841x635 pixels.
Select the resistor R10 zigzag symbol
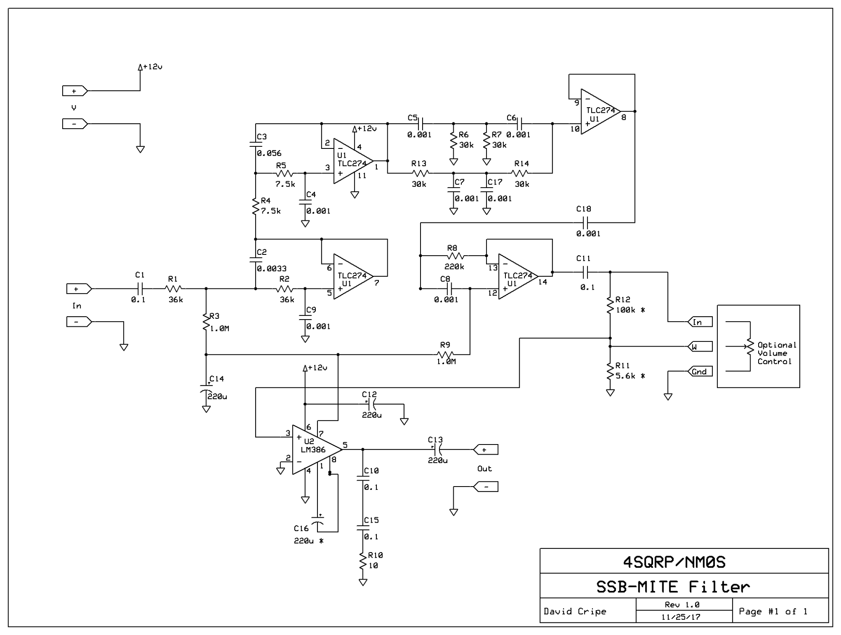pyautogui.click(x=363, y=561)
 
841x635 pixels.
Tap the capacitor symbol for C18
pyautogui.click(x=585, y=222)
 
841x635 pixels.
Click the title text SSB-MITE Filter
pyautogui.click(x=673, y=587)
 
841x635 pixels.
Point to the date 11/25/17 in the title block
pyautogui.click(x=681, y=617)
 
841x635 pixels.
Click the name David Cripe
pyautogui.click(x=575, y=611)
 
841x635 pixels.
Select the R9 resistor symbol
pyautogui.click(x=445, y=355)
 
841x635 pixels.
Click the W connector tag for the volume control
pyautogui.click(x=700, y=347)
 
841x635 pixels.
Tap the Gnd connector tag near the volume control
pyautogui.click(x=700, y=371)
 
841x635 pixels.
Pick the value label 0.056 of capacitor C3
pyautogui.click(x=269, y=153)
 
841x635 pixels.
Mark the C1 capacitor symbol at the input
pyautogui.click(x=140, y=288)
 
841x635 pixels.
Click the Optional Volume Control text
pyautogui.click(x=776, y=353)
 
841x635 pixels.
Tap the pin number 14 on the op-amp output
pyautogui.click(x=543, y=282)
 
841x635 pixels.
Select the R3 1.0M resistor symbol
pyautogui.click(x=206, y=322)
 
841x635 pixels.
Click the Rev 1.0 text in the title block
pyautogui.click(x=682, y=605)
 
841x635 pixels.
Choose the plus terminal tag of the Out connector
pyautogui.click(x=486, y=450)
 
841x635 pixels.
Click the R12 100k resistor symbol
pyautogui.click(x=610, y=305)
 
